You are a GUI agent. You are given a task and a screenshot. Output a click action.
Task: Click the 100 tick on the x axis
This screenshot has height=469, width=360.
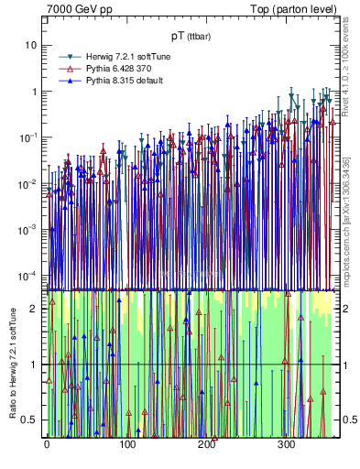(x=126, y=444)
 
